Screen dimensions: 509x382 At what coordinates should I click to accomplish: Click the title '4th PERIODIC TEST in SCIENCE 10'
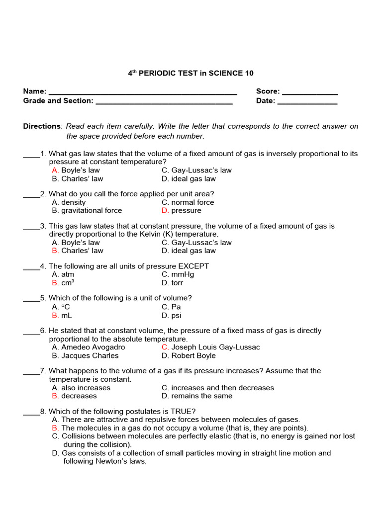[x=191, y=73]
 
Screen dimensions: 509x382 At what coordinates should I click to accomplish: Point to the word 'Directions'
[x=42, y=126]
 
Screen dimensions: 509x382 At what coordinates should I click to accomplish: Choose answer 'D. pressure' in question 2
[x=182, y=211]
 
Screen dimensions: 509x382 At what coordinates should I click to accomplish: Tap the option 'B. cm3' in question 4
[x=63, y=283]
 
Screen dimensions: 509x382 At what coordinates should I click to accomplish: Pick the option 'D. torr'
[x=172, y=283]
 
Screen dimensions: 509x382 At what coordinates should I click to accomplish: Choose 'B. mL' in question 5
[x=62, y=315]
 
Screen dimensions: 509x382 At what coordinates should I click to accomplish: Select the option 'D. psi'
[x=171, y=315]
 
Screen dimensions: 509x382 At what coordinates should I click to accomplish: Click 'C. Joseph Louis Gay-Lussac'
[x=210, y=347]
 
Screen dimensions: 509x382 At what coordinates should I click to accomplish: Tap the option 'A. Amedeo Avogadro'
[x=89, y=347]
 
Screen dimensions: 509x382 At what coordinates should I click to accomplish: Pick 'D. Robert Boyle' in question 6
[x=189, y=355]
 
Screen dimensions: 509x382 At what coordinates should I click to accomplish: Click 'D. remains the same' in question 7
[x=197, y=396]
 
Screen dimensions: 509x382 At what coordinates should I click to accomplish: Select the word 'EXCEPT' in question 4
[x=192, y=266]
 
